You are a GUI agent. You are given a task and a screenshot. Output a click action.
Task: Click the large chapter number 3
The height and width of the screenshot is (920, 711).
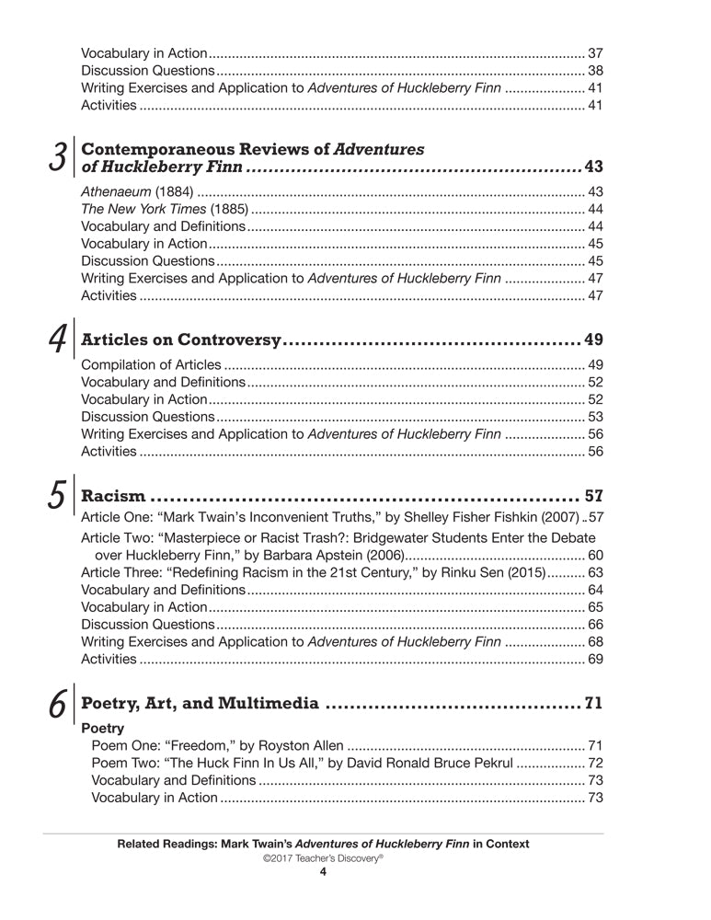tap(56, 157)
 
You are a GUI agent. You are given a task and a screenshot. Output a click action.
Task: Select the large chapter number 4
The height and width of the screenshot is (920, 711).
tap(56, 339)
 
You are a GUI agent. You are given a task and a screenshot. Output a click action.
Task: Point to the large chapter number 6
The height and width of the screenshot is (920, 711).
tap(56, 705)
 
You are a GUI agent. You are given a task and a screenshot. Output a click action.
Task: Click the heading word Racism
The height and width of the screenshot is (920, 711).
tap(113, 498)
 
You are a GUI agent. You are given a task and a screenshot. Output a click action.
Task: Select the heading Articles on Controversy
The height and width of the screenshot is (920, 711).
tap(180, 339)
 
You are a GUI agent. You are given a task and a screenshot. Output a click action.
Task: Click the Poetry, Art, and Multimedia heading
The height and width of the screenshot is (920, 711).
tap(201, 705)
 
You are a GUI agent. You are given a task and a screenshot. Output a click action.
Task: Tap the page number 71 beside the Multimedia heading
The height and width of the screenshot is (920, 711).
tap(593, 705)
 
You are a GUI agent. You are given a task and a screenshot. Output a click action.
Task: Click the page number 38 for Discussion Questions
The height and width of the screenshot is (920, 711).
tap(594, 70)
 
